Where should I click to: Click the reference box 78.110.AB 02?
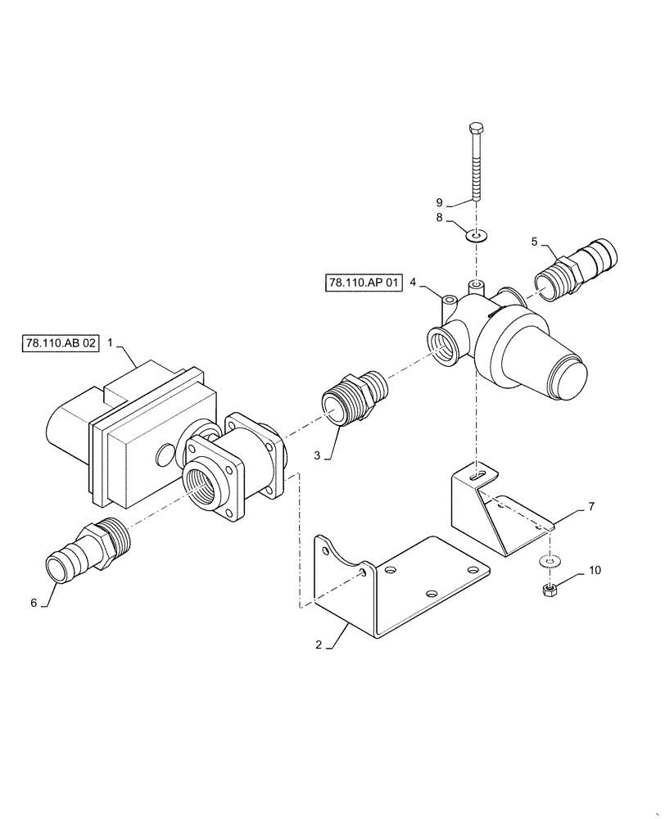60,343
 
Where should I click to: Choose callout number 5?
535,242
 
